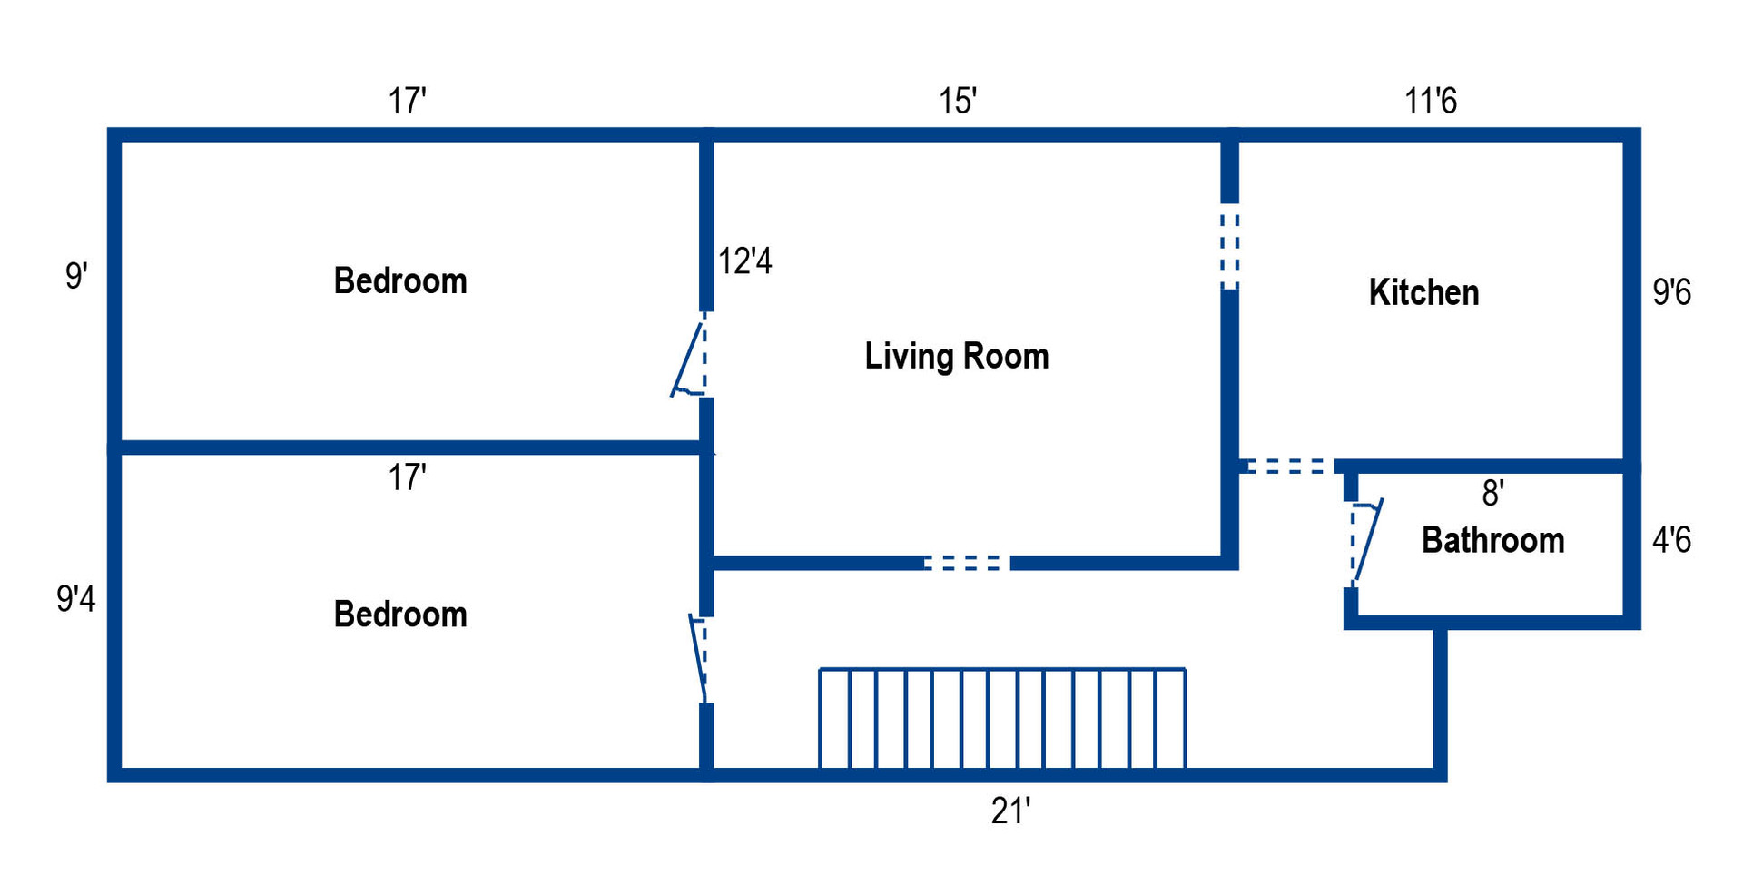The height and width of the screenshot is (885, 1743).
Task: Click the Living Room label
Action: pyautogui.click(x=956, y=356)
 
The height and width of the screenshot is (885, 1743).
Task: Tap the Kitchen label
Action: pyautogui.click(x=1423, y=292)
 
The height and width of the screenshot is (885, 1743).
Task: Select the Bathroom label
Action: pyautogui.click(x=1492, y=540)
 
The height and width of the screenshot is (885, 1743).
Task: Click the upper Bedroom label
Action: pyautogui.click(x=400, y=280)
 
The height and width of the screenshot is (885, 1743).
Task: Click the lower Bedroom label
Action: pyautogui.click(x=400, y=615)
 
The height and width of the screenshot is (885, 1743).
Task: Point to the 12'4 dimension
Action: pyautogui.click(x=744, y=261)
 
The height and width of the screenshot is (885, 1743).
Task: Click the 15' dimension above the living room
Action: pyautogui.click(x=957, y=101)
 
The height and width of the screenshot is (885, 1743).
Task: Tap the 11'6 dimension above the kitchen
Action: pyautogui.click(x=1430, y=101)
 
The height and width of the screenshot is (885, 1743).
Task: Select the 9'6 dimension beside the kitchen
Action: pyautogui.click(x=1671, y=292)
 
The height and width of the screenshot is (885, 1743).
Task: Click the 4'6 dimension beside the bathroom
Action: pyautogui.click(x=1671, y=540)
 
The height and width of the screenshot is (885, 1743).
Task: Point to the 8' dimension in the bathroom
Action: pyautogui.click(x=1492, y=493)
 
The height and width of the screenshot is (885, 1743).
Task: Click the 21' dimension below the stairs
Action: pyautogui.click(x=1010, y=811)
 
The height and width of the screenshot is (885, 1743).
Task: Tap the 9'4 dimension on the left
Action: pyautogui.click(x=75, y=598)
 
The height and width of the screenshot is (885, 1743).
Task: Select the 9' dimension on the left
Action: pyautogui.click(x=76, y=275)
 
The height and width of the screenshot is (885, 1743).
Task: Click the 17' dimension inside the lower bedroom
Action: pyautogui.click(x=407, y=477)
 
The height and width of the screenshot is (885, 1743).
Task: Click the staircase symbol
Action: pyautogui.click(x=1002, y=719)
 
